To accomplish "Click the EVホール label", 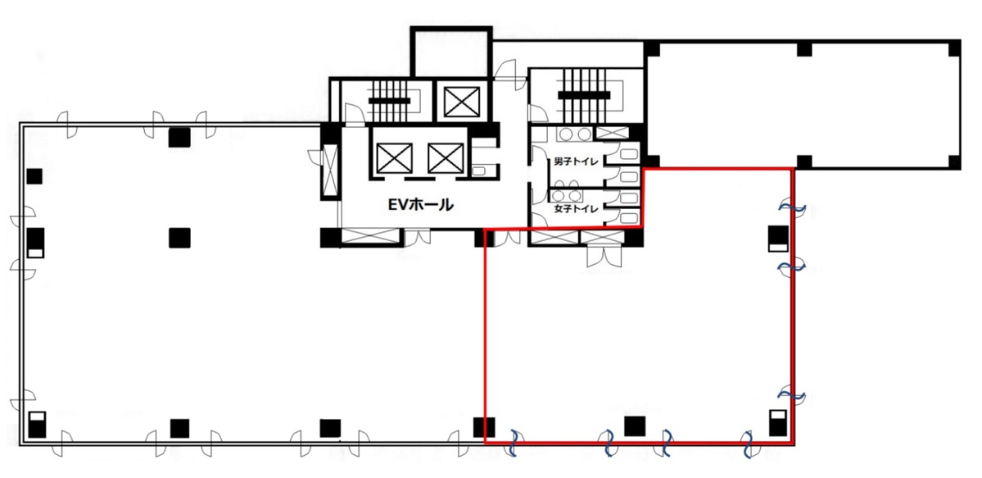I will coord(420,206).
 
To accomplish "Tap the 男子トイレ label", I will coord(574,162).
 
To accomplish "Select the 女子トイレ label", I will coord(574,210).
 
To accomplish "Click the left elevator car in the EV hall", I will coord(392,157).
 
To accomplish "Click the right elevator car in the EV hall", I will coord(446,157).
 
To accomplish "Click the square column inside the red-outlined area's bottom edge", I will coord(634,426).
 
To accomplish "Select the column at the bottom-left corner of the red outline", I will coord(485,427).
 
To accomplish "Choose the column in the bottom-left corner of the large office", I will coord(37,425).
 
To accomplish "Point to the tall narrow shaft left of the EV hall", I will coord(330,171).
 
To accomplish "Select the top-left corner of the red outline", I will coord(486,228).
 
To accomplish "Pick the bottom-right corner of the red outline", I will coord(793,443).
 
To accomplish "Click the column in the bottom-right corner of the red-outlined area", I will coord(777,424).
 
